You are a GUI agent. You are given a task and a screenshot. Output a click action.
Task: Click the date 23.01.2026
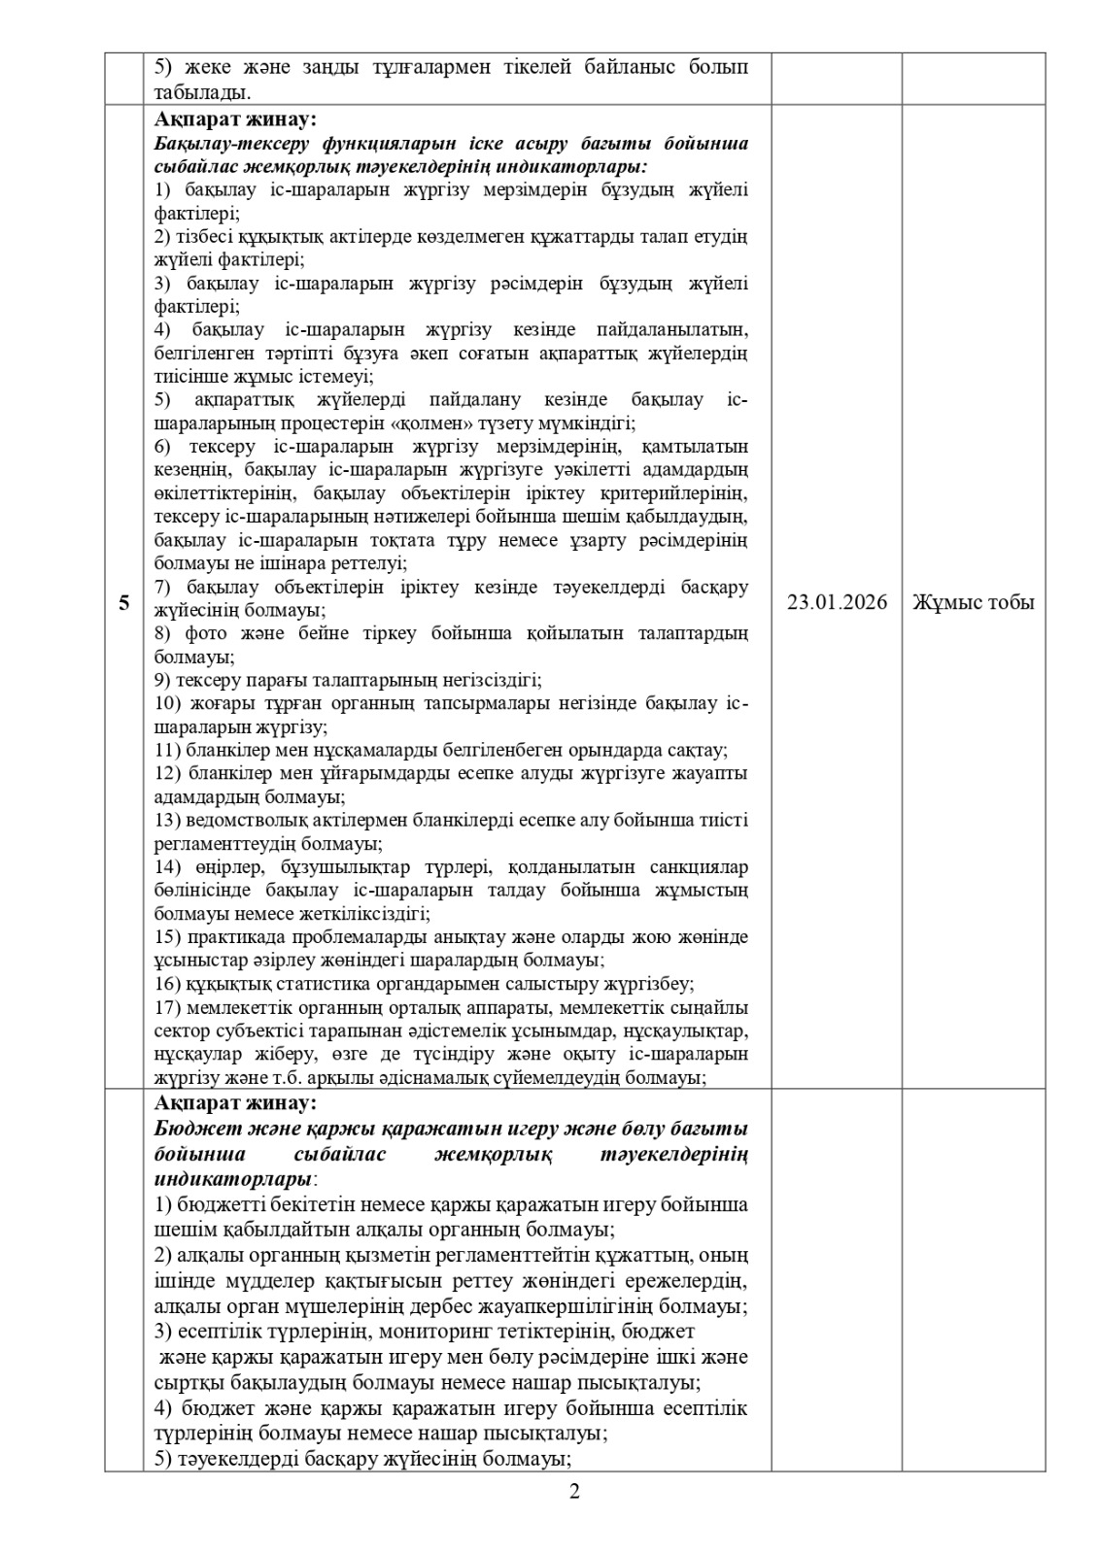[837, 603]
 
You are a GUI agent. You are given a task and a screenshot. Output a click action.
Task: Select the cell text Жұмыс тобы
[973, 603]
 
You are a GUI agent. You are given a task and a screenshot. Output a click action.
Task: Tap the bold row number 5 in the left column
[124, 603]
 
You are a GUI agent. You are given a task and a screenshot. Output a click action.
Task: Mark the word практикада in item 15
[226, 937]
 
